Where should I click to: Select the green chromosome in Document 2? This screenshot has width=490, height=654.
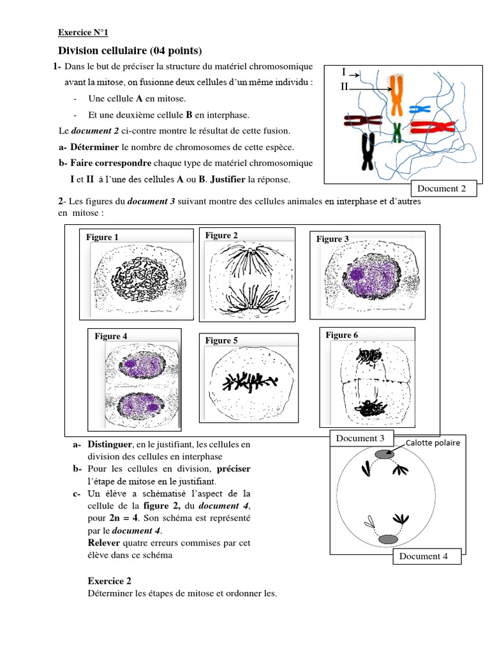tap(397, 131)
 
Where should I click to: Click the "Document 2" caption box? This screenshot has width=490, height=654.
tap(446, 188)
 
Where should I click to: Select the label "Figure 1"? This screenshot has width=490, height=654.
tap(103, 238)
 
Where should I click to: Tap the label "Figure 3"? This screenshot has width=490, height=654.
tap(332, 239)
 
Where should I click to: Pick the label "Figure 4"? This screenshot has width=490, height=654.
tap(111, 337)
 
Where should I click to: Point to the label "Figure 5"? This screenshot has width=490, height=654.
tap(221, 341)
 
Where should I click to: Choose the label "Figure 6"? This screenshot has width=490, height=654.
tap(342, 335)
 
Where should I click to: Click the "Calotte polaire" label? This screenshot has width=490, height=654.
tap(433, 442)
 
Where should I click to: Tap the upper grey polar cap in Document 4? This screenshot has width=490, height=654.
tap(384, 454)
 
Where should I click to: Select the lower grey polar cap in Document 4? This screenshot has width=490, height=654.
tap(388, 540)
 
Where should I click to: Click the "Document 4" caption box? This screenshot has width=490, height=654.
tap(424, 556)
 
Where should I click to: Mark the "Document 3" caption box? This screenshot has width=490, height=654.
tap(360, 439)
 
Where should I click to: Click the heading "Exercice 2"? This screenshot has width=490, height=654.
tap(109, 581)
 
